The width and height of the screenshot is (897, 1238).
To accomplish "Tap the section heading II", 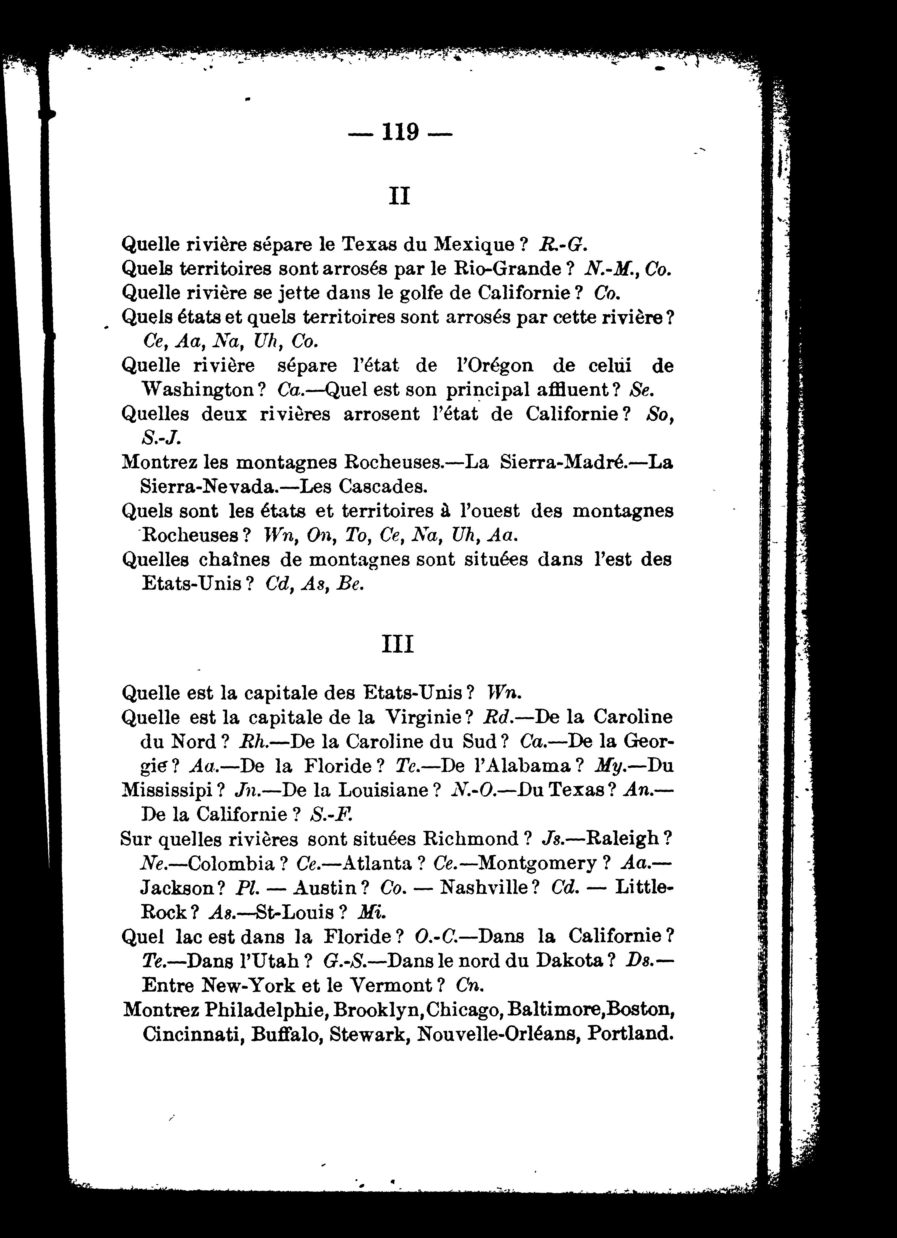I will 399,195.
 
